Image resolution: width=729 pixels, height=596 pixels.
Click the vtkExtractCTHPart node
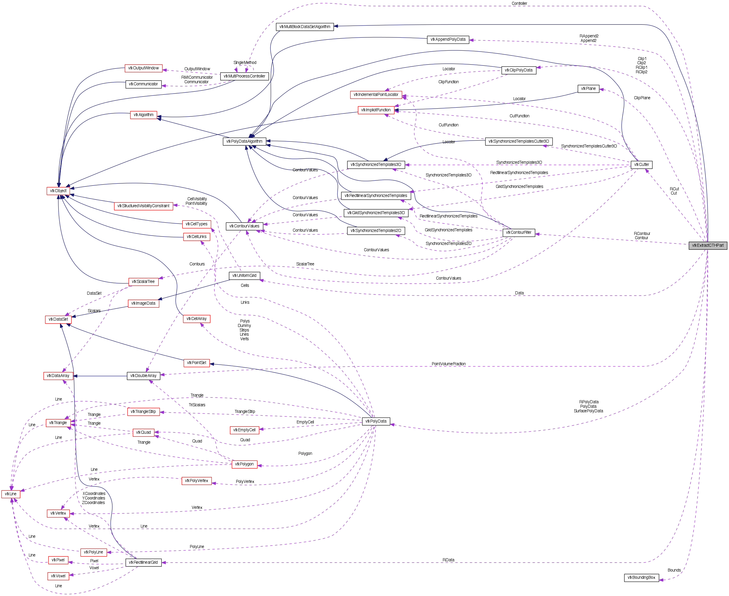(x=707, y=246)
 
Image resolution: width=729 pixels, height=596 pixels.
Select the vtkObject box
(x=58, y=191)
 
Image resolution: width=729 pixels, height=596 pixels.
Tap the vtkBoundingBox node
(x=641, y=578)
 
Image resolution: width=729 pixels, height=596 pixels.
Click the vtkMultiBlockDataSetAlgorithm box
(x=304, y=27)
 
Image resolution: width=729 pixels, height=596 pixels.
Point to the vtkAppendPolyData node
(x=448, y=40)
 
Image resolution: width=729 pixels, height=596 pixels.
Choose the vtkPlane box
(x=588, y=89)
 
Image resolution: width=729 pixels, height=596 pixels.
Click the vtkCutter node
(x=641, y=165)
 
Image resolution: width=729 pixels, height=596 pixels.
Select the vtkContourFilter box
(x=518, y=233)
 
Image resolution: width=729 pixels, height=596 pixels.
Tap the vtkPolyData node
(x=376, y=421)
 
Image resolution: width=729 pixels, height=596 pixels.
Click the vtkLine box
(x=11, y=494)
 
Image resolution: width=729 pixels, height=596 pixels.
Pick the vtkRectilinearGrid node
(x=143, y=562)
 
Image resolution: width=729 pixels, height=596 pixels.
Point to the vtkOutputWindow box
(x=143, y=68)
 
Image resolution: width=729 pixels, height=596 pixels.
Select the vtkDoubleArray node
(x=143, y=376)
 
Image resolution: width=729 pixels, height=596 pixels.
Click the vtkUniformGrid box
(x=244, y=276)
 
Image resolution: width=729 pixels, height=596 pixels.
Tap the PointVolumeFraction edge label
(x=448, y=364)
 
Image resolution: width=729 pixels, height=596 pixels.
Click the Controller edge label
(x=519, y=3)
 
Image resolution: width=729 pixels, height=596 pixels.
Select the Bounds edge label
(x=674, y=570)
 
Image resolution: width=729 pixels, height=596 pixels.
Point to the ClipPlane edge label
(x=642, y=98)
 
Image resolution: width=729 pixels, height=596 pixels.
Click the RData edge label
(x=448, y=560)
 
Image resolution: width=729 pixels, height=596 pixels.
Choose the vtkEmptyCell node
(x=244, y=430)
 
